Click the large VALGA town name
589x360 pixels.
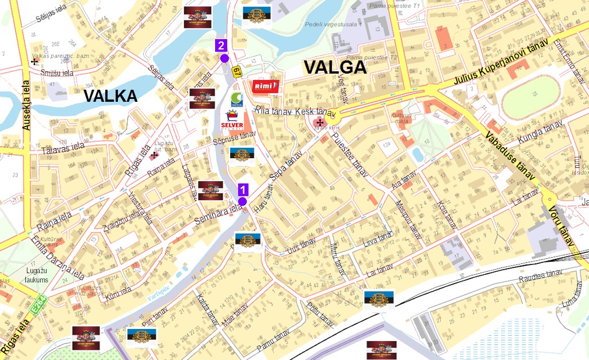(335, 68)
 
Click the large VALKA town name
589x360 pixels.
(110, 96)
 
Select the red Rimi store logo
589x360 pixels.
(266, 86)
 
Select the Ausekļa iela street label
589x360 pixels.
(26, 105)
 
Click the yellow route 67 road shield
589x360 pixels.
(236, 72)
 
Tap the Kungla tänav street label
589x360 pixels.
(540, 133)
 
